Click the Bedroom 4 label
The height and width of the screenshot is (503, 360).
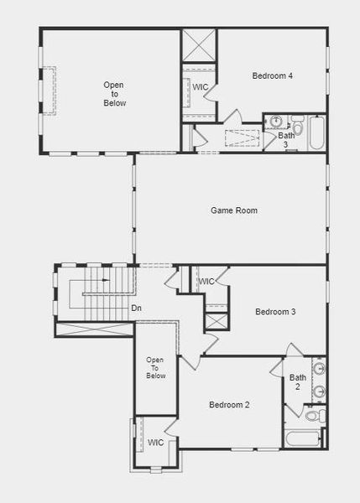[x=272, y=76]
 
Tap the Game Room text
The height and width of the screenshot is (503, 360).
[x=233, y=210]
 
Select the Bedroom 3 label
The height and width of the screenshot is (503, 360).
[x=275, y=312]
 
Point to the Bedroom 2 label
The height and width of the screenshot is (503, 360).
[x=229, y=405]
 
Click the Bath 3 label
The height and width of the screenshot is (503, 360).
[x=287, y=140]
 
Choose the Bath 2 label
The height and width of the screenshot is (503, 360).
[x=298, y=382]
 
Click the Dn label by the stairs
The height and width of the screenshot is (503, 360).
[x=136, y=309]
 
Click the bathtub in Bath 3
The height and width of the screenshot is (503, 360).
[x=316, y=133]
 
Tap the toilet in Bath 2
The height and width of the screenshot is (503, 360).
[x=311, y=415]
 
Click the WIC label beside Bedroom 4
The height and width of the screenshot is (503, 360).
[x=200, y=87]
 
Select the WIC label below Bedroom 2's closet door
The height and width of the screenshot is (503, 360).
[x=156, y=443]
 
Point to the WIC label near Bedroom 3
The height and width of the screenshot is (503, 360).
[x=207, y=282]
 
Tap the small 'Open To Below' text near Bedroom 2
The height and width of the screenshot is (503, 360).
[x=156, y=367]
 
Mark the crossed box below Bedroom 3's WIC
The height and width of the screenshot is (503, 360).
[x=217, y=320]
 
